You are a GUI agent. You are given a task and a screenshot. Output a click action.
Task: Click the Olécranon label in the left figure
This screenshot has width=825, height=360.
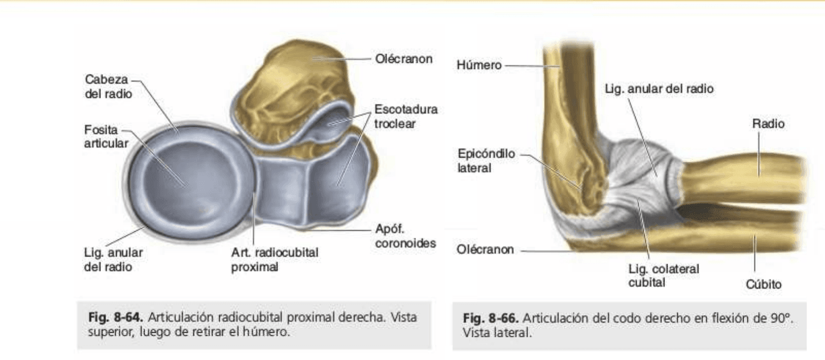coord(404,59)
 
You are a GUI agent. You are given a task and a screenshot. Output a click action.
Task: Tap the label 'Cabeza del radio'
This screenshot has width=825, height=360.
coord(109,86)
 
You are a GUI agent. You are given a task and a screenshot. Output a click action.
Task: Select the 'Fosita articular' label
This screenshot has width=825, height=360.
coord(106,137)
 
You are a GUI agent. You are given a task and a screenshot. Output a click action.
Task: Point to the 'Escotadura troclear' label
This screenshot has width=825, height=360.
coord(406,116)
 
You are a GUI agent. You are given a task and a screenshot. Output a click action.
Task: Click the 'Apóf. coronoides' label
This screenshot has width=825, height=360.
coord(405,236)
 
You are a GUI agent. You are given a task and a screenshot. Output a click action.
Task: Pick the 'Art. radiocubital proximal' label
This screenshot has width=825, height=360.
coord(275,260)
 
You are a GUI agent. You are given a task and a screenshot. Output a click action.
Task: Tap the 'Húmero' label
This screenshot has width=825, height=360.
coord(479,65)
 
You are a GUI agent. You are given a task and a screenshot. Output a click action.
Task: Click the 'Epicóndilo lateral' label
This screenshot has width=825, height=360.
coord(486,161)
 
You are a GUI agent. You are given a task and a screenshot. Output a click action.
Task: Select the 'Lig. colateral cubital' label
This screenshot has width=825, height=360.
coord(663,276)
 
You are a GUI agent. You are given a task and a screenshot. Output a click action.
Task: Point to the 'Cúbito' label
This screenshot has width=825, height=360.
coord(763,284)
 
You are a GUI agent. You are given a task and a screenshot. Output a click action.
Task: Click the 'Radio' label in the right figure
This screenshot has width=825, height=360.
coord(768,123)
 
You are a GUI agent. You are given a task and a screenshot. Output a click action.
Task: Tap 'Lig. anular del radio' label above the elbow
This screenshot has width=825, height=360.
coord(659,88)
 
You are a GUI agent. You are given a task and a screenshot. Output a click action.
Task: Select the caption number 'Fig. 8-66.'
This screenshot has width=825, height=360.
coord(491,318)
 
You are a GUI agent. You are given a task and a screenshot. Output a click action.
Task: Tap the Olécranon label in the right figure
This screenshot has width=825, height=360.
coord(485,249)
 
